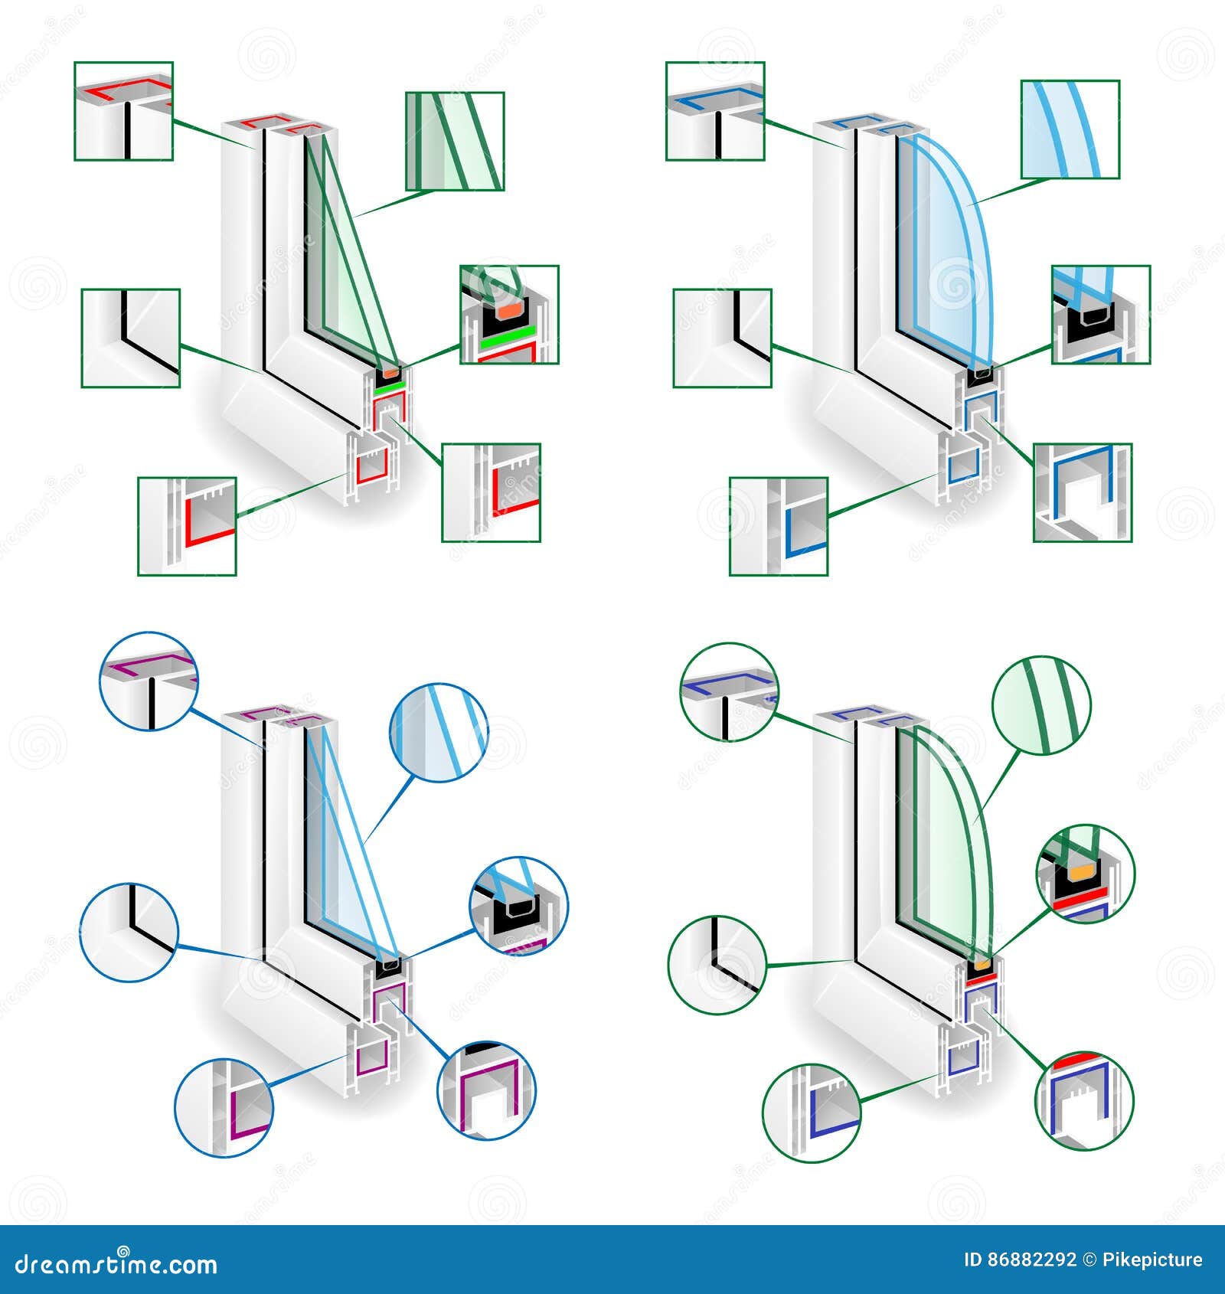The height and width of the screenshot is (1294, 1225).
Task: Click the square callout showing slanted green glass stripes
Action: pyautogui.click(x=454, y=142)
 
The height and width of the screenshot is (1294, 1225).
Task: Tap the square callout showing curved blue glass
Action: pyautogui.click(x=1070, y=129)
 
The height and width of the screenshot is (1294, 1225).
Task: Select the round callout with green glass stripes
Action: pyautogui.click(x=1041, y=705)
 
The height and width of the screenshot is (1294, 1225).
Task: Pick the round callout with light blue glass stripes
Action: pyautogui.click(x=439, y=732)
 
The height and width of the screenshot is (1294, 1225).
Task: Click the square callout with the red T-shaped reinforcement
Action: pyautogui.click(x=123, y=111)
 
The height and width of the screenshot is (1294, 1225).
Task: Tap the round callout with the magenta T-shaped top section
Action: pyautogui.click(x=149, y=681)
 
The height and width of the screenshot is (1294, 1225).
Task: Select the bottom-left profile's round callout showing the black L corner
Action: pyautogui.click(x=129, y=932)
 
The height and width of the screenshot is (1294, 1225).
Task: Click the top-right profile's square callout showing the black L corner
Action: pyautogui.click(x=722, y=338)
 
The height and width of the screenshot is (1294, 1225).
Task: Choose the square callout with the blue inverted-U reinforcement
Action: pyautogui.click(x=1082, y=492)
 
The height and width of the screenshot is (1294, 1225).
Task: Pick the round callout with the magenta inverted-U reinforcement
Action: pyautogui.click(x=486, y=1089)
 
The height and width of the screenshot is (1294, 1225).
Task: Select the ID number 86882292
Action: pyautogui.click(x=1031, y=1260)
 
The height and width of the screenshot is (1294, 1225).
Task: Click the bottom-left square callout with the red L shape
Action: pyautogui.click(x=187, y=526)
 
